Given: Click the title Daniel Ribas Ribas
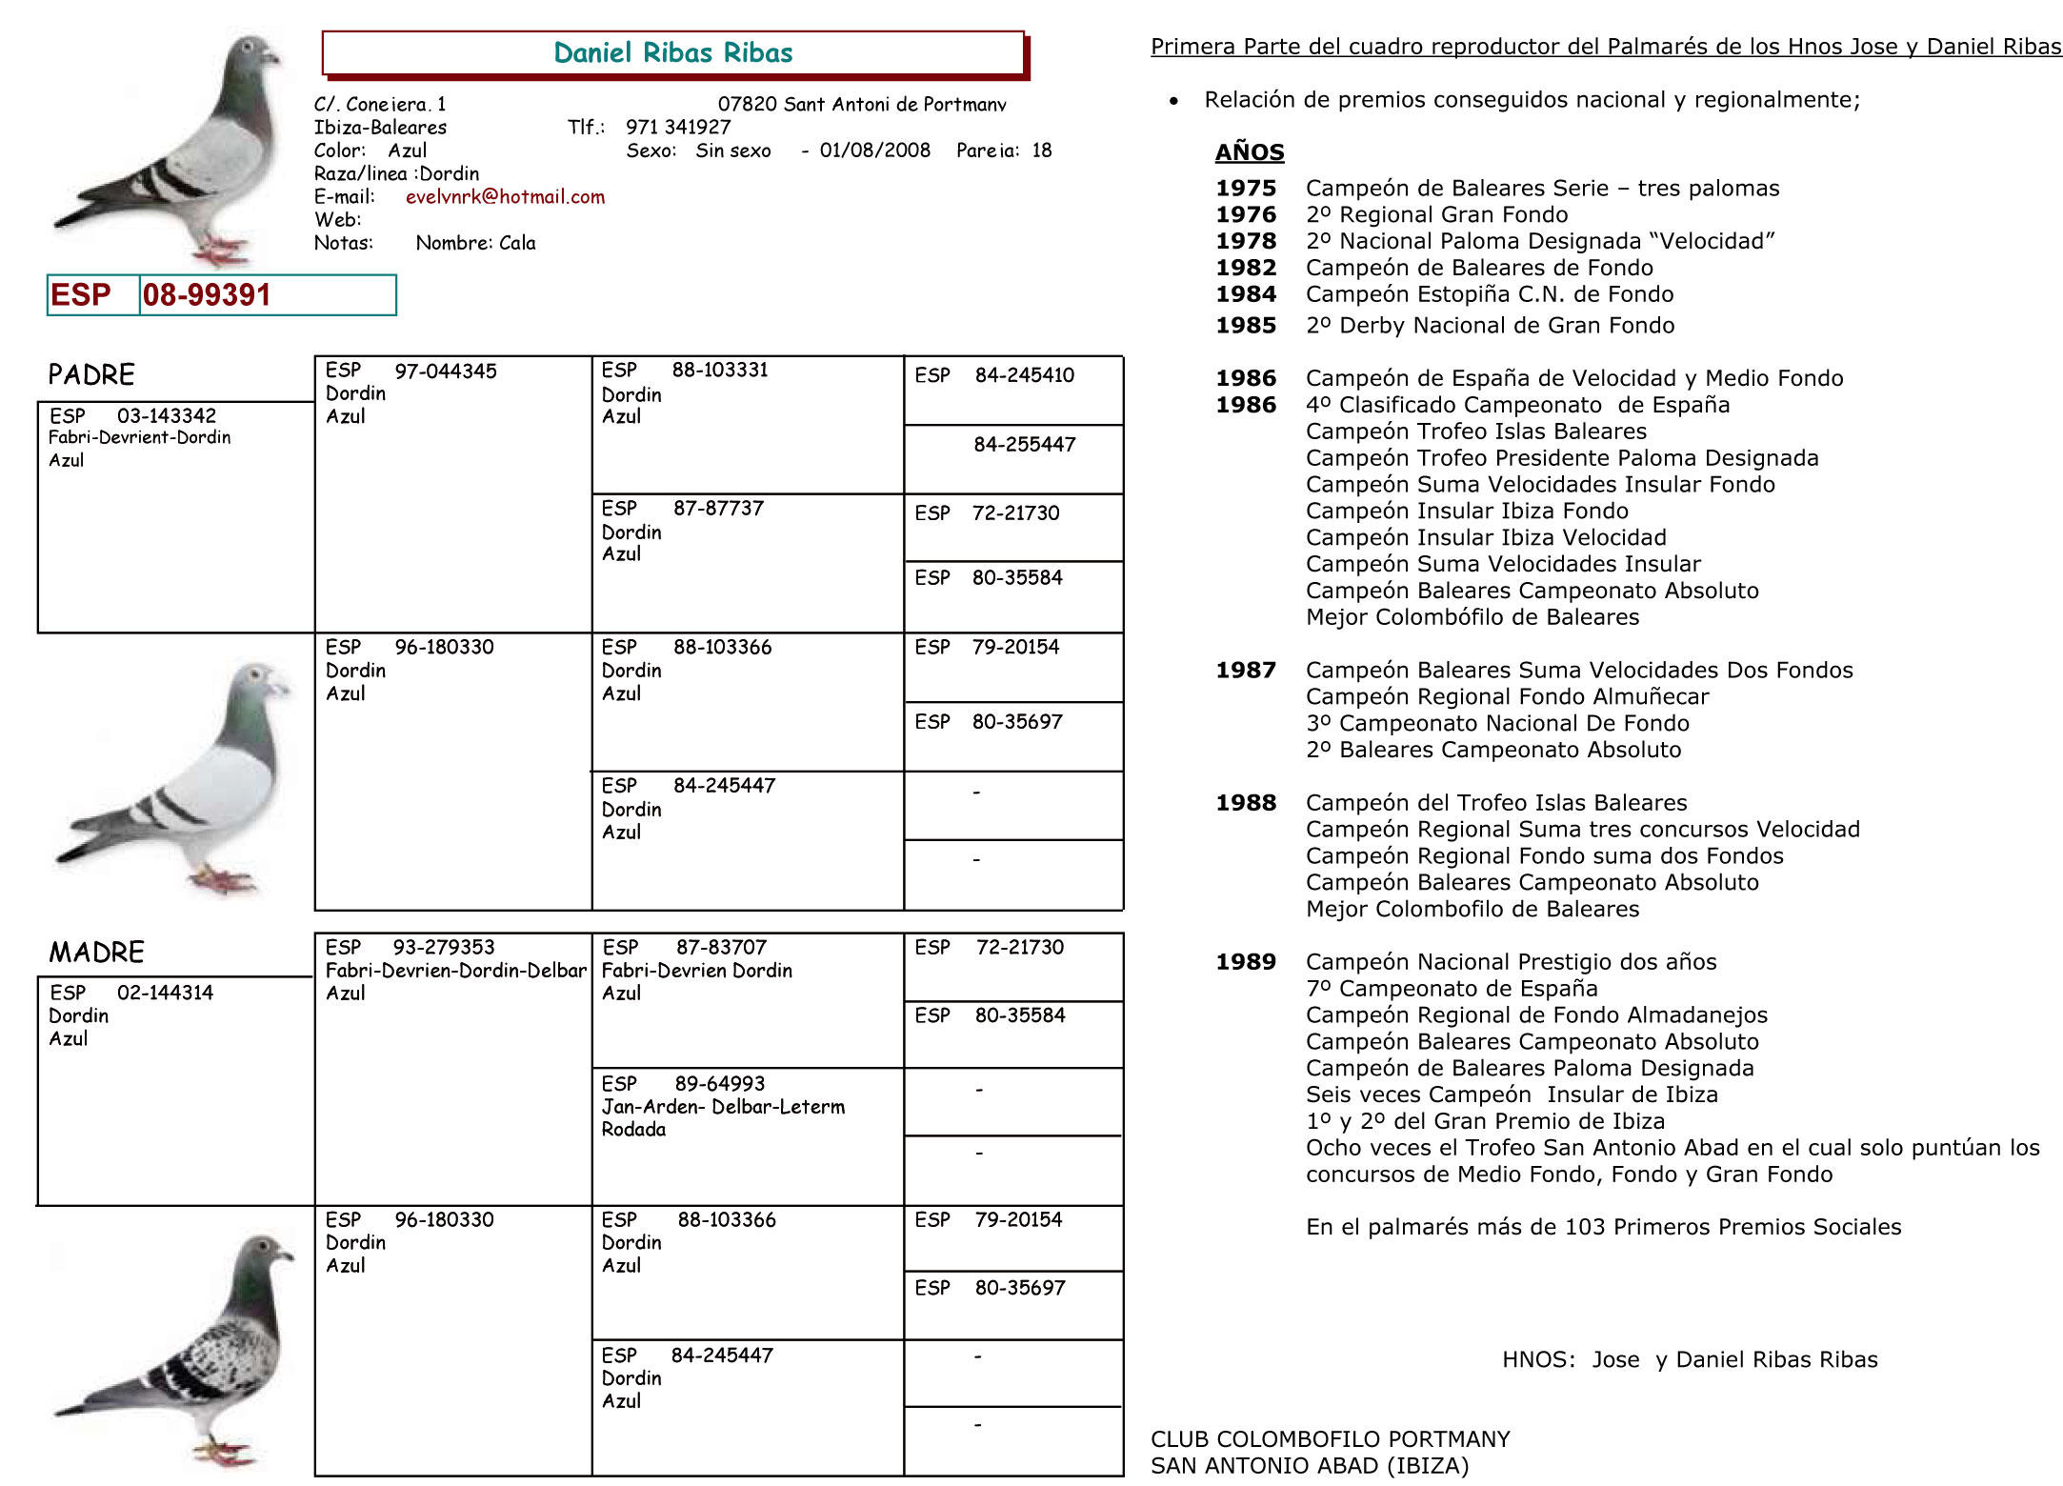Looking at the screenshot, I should tap(672, 53).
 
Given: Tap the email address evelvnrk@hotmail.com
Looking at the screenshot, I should tap(505, 197).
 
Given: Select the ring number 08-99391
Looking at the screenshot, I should tap(207, 295).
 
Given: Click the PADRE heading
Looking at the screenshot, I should tap(91, 374).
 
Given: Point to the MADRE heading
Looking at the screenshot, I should tap(96, 952).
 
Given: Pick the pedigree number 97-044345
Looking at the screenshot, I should tap(445, 371).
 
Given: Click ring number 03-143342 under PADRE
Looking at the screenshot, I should tap(166, 415).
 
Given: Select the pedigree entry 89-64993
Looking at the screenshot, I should tap(719, 1084).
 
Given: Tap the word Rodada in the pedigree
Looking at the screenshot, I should tap(633, 1130).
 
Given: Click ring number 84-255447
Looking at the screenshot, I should tap(1024, 445).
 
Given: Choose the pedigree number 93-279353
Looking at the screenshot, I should tap(443, 948).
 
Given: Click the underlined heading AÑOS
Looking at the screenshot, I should tap(1250, 152).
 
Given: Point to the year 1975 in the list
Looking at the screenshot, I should tap(1245, 189).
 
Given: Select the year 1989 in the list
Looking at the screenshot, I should tap(1245, 962).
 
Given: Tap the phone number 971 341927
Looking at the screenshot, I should tap(678, 128).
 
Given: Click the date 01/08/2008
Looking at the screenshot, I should tap(874, 151).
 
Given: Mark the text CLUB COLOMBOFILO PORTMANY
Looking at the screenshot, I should tap(1330, 1439).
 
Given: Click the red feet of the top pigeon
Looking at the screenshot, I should tap(221, 253).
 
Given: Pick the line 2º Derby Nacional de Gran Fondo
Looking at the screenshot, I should tap(1490, 326).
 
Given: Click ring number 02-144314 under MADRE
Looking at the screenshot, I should tap(165, 993).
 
